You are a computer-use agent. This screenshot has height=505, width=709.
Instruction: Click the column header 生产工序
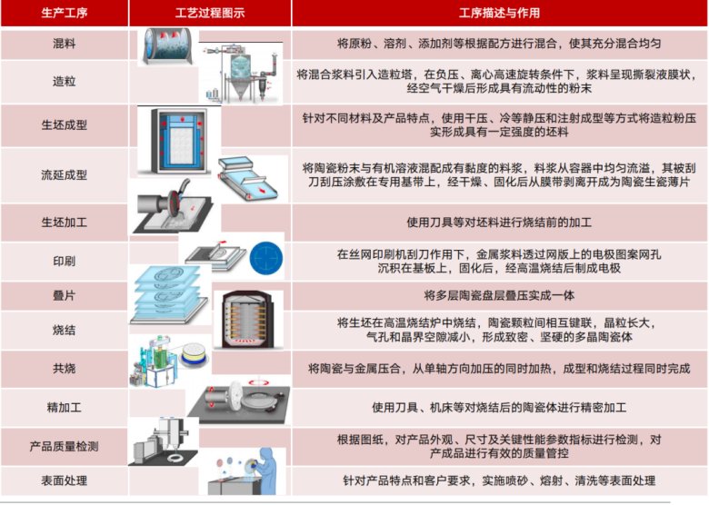(65, 13)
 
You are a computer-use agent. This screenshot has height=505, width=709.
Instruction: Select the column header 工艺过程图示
(210, 13)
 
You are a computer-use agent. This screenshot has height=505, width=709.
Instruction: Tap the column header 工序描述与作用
(499, 13)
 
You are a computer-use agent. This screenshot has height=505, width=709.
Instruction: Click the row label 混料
(65, 44)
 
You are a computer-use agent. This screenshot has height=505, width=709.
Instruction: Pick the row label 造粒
(65, 82)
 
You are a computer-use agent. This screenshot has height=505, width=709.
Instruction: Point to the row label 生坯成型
(65, 125)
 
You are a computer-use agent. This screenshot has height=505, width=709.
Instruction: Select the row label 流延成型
(65, 174)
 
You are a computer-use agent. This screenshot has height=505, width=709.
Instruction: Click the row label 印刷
(65, 261)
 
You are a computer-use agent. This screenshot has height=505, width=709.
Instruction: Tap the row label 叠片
(65, 295)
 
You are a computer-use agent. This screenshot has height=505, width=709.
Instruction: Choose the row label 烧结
(65, 331)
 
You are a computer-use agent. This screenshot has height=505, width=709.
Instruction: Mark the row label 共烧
(65, 369)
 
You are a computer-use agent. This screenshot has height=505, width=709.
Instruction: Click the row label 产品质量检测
(65, 446)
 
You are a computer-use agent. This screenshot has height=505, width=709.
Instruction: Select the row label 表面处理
(65, 480)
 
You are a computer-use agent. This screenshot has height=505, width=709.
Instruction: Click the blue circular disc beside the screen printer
(266, 258)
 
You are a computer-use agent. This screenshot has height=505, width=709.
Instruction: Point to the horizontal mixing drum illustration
(167, 46)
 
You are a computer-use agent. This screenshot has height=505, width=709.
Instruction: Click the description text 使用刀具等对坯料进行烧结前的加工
(499, 223)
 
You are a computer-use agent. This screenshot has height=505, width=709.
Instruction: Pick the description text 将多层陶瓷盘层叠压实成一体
(499, 295)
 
